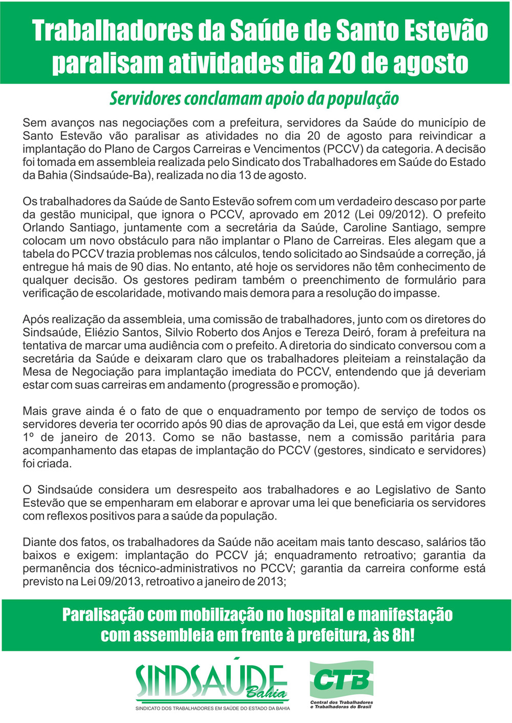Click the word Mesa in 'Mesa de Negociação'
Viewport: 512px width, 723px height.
coord(35,372)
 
